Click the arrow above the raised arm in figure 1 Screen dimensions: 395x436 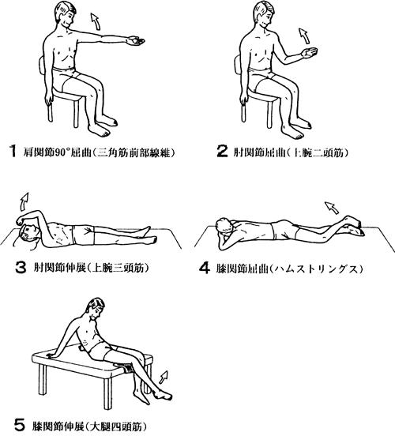click(96, 21)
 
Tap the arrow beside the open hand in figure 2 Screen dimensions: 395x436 click(304, 36)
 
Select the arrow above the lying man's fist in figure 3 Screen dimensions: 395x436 click(24, 201)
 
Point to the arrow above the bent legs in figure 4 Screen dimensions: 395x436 click(332, 208)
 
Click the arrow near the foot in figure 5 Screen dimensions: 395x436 click(164, 378)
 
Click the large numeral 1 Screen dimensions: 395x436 click(13, 151)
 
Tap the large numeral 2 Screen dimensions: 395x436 click(222, 152)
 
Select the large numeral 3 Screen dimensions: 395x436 click(21, 268)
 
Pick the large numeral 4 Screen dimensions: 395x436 click(205, 268)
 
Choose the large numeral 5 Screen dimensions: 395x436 click(20, 426)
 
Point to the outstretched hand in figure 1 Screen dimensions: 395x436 click(135, 41)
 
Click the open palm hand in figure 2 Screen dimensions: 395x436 click(310, 52)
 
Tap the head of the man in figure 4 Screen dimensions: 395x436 click(224, 226)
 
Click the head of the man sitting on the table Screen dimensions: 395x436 click(96, 308)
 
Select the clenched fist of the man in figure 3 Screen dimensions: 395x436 click(21, 221)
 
